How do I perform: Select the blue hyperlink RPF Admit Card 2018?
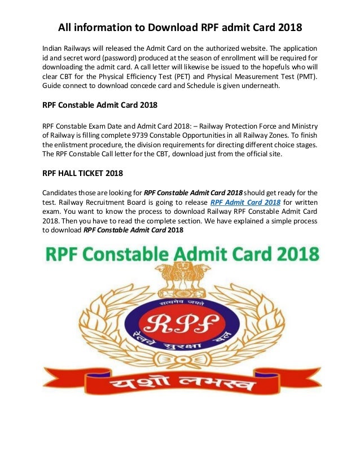(245, 201)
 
